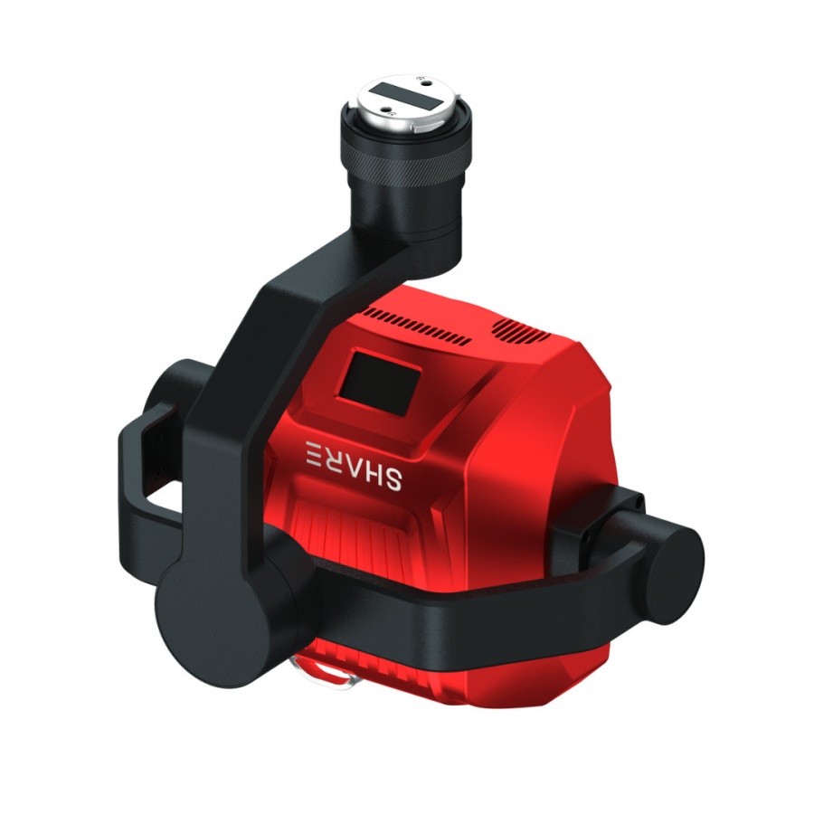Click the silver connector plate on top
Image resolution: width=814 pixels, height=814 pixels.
point(408,100)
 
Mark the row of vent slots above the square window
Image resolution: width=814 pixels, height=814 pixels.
point(416,327)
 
